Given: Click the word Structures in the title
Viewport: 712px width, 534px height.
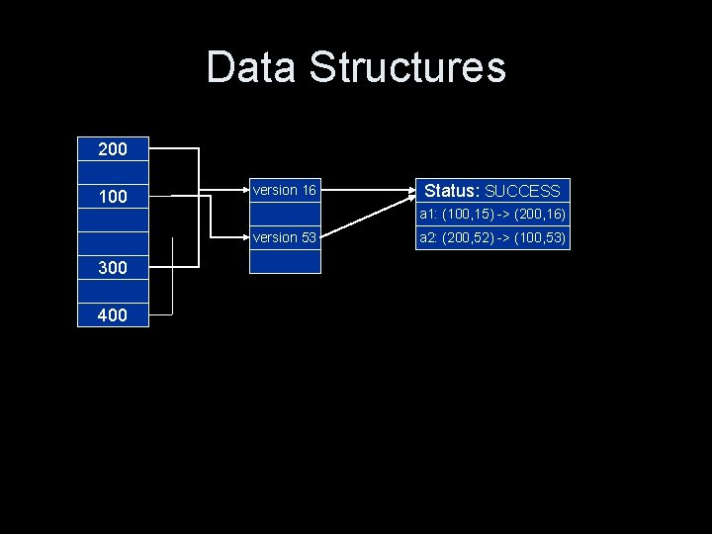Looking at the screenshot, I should [407, 68].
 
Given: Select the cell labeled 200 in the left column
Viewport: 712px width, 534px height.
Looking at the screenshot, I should [113, 149].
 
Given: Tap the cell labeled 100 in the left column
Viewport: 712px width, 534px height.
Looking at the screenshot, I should [113, 197].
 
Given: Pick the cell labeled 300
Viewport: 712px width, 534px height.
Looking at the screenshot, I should [113, 268].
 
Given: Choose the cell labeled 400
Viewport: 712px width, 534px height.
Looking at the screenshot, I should [113, 315].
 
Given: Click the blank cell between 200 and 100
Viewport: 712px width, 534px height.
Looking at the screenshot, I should [113, 172].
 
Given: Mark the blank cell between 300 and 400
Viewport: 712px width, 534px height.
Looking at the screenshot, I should [113, 292].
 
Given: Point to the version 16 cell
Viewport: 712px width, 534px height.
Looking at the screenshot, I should [284, 190].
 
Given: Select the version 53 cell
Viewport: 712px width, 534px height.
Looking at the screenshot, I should [284, 237].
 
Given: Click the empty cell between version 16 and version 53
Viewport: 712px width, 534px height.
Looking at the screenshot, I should [284, 214].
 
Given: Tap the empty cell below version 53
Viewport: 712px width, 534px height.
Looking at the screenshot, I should [284, 261].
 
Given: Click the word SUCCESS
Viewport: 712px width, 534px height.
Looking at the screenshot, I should [522, 191].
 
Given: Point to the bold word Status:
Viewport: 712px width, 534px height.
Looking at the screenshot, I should [452, 191].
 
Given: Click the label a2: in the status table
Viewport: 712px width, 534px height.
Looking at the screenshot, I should [429, 237].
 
